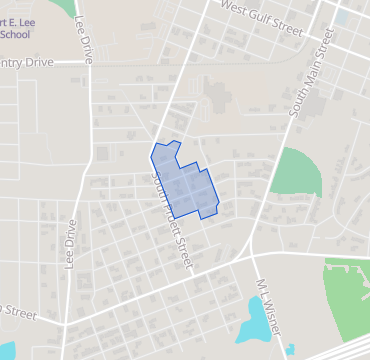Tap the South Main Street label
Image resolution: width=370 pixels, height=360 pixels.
[310, 71]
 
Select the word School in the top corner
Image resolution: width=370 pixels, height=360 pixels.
[15, 34]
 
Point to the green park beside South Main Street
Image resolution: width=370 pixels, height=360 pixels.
[297, 172]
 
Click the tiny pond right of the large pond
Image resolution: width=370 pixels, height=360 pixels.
[289, 349]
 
